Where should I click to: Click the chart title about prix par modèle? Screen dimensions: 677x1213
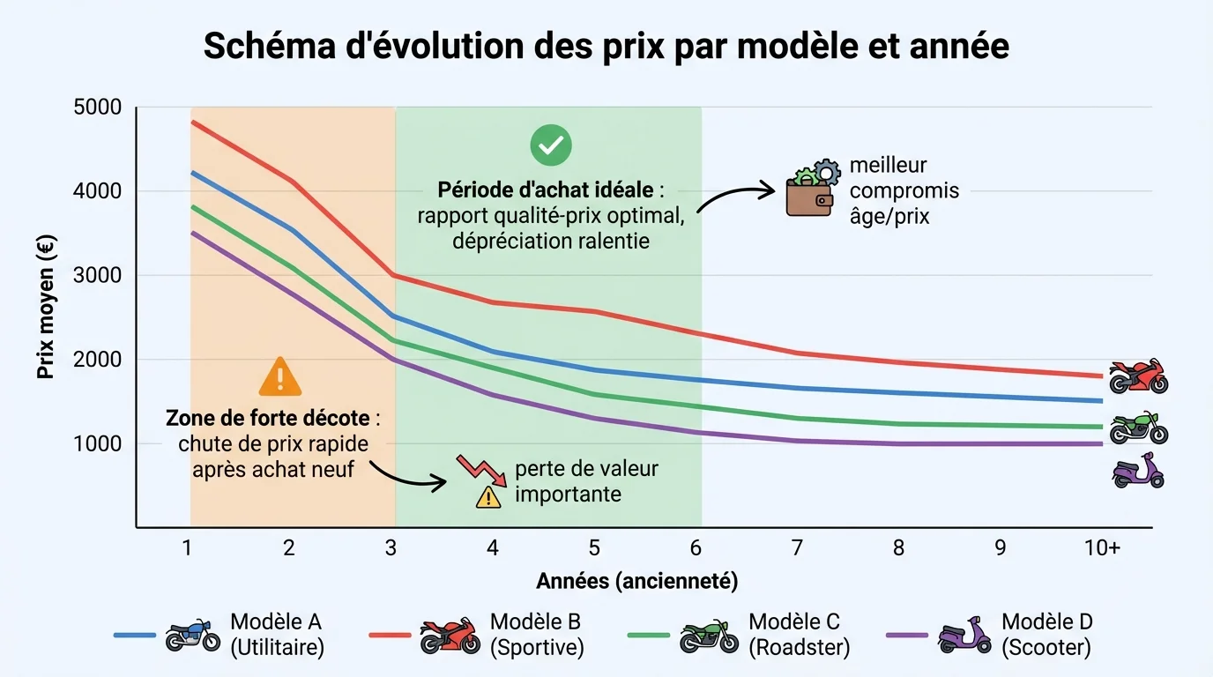(x=606, y=46)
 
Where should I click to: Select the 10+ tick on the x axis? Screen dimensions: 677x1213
(x=1102, y=548)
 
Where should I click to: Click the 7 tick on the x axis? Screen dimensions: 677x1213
(x=797, y=548)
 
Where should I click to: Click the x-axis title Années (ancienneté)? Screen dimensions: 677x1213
(x=636, y=581)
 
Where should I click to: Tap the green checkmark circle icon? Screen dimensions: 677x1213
(x=551, y=145)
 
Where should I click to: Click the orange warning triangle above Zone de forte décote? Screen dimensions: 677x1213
(x=279, y=377)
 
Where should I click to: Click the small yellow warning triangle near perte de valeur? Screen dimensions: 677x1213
(x=487, y=498)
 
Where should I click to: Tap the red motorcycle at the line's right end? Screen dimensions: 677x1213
(x=1137, y=376)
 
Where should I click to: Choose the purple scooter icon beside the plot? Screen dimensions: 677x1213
(x=1137, y=472)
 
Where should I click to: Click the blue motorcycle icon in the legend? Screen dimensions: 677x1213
(x=193, y=635)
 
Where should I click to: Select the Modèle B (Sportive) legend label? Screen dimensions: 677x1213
(x=537, y=635)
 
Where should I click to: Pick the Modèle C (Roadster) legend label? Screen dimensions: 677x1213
(x=799, y=635)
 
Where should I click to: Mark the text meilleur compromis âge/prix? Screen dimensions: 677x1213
(x=904, y=190)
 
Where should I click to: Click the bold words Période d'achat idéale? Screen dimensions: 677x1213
(x=545, y=190)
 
